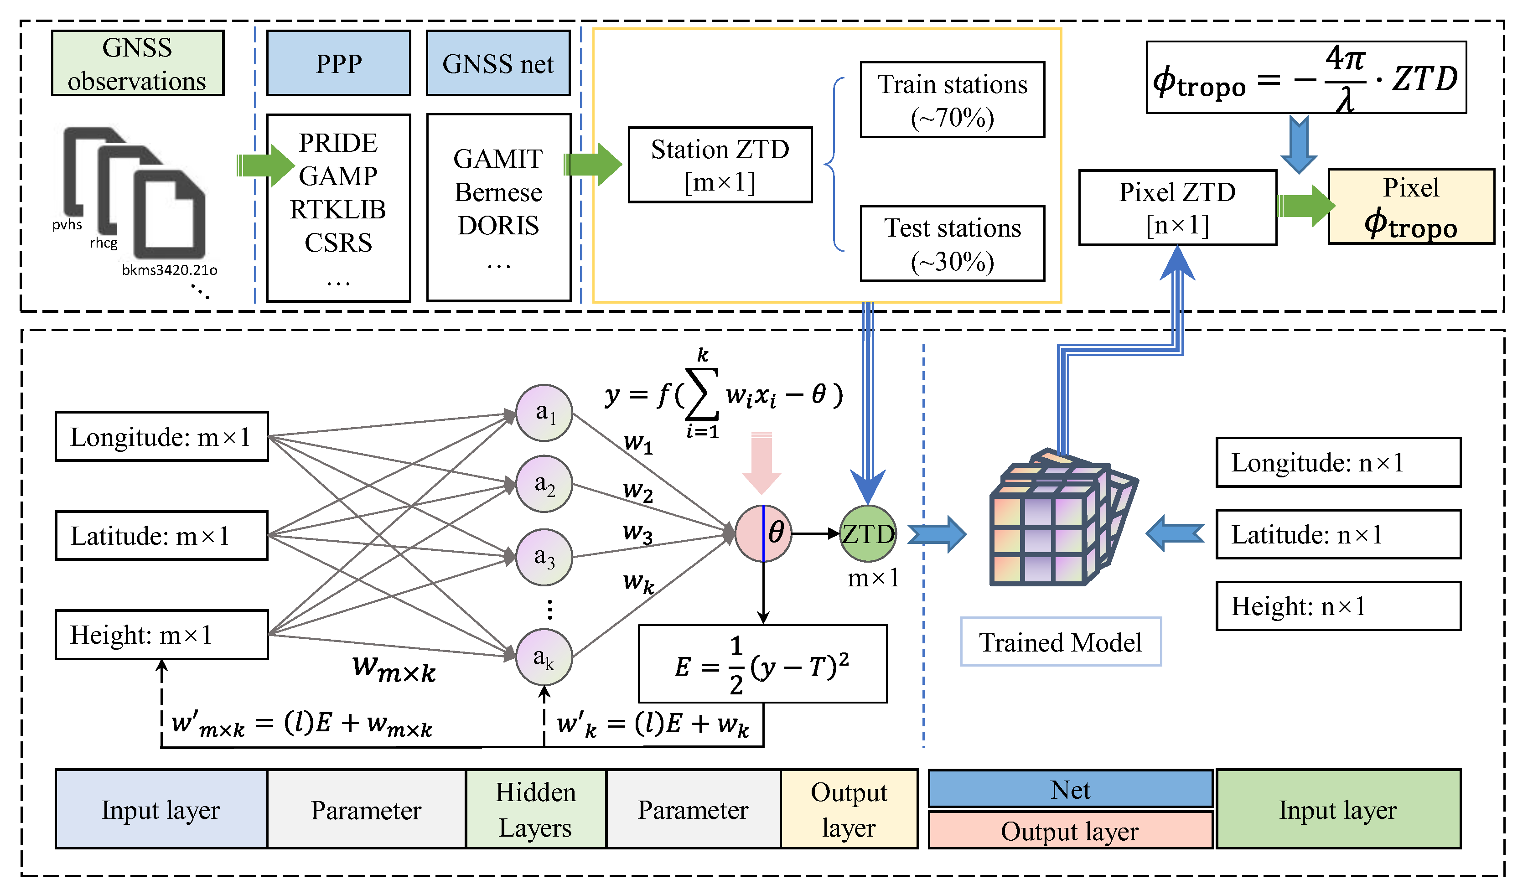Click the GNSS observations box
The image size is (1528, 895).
tap(138, 63)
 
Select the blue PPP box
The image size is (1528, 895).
tap(338, 63)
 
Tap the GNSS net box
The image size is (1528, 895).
tap(498, 63)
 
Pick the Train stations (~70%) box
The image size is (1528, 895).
tap(952, 100)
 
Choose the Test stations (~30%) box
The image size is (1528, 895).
tap(952, 244)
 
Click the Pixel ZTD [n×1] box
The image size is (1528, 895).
tap(1177, 208)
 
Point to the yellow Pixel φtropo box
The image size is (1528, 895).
tap(1410, 207)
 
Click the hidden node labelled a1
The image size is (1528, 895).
tap(544, 413)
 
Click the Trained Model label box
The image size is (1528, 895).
tap(1061, 642)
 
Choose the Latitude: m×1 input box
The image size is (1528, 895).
tap(161, 535)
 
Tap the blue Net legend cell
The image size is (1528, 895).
tap(1070, 790)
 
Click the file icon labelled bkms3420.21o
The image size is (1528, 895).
tap(169, 215)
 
